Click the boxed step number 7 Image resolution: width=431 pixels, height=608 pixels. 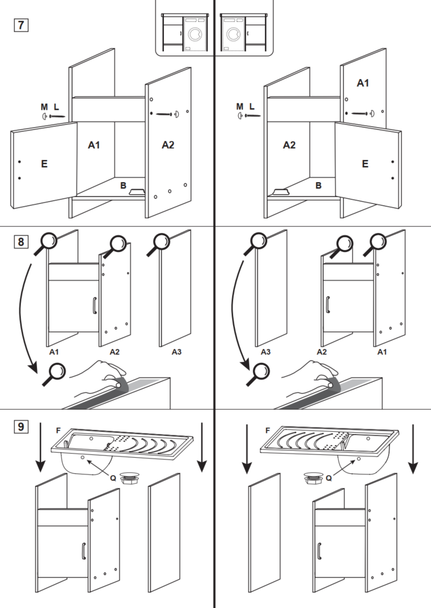pos(21,25)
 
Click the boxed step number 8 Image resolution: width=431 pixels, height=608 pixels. pos(21,242)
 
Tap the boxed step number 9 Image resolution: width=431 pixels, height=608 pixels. pos(21,427)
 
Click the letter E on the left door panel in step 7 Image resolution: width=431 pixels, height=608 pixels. pos(44,164)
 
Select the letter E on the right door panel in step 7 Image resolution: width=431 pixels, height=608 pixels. pos(364,164)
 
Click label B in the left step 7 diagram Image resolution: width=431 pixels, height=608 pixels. pos(123,185)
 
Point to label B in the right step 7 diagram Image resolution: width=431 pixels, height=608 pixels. pos(318,186)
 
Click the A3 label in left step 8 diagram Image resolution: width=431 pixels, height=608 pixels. pos(177,351)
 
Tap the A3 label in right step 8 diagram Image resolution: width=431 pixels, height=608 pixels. pos(266,351)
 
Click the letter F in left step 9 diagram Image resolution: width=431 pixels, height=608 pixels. pos(58,430)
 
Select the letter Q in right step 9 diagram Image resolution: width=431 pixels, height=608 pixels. pos(329,478)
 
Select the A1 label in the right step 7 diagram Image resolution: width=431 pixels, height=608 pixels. pos(362,83)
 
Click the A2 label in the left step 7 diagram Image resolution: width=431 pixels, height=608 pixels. pos(167,144)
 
